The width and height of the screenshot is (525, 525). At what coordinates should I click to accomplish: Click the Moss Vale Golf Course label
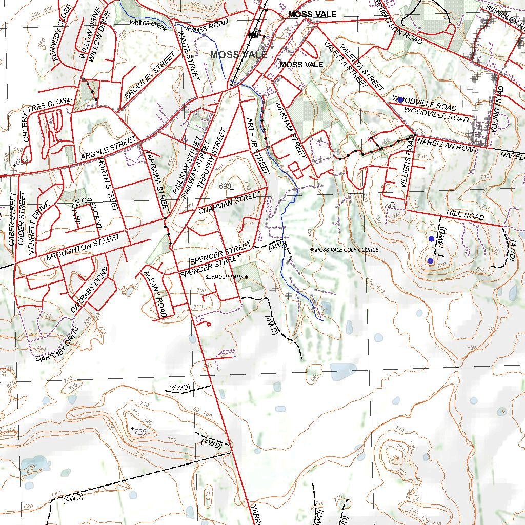(347, 250)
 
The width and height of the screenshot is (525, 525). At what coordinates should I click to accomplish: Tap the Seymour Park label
(224, 277)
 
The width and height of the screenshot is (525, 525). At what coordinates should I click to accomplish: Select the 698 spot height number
(225, 186)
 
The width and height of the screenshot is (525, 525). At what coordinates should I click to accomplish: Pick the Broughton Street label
(83, 247)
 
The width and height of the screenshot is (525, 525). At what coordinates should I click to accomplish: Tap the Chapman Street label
(230, 203)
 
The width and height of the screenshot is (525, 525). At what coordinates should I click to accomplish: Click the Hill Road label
(465, 215)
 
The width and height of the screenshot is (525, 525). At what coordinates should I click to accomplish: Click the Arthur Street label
(257, 146)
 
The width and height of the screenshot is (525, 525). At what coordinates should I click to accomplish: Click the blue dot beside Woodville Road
(401, 99)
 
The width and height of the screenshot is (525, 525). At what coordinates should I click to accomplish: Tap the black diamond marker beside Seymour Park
(246, 277)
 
